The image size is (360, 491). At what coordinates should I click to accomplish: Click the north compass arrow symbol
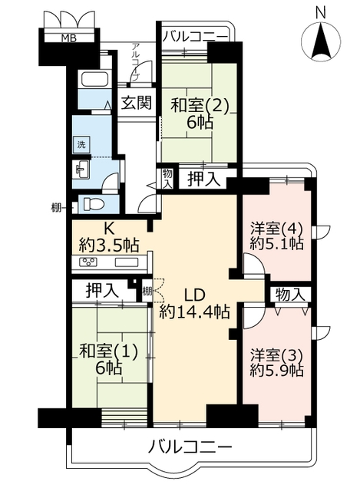(x=321, y=41)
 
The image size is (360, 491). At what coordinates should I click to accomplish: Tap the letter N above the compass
(x=321, y=12)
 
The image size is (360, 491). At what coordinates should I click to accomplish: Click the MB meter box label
(x=68, y=38)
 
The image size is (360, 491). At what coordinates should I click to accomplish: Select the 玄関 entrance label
(x=137, y=102)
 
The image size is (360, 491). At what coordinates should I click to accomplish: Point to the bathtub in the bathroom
(x=95, y=78)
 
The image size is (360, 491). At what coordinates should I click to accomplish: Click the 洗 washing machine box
(x=81, y=145)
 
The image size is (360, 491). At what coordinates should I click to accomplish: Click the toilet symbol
(x=93, y=204)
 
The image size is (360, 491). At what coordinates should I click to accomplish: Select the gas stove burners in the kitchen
(x=89, y=262)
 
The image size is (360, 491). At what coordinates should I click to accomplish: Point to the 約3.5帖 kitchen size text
(x=109, y=245)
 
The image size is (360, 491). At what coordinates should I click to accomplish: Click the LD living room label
(x=194, y=295)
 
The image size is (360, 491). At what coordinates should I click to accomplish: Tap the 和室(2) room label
(x=200, y=106)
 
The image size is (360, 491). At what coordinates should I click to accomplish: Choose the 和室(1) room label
(x=108, y=351)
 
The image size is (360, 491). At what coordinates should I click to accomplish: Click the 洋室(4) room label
(x=276, y=229)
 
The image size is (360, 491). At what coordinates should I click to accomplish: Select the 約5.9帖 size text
(x=276, y=371)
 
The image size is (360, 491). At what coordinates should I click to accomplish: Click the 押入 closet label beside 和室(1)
(x=102, y=291)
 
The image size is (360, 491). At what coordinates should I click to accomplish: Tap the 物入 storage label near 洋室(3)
(x=290, y=295)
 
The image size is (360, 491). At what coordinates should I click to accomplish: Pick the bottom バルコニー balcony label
(x=190, y=447)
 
